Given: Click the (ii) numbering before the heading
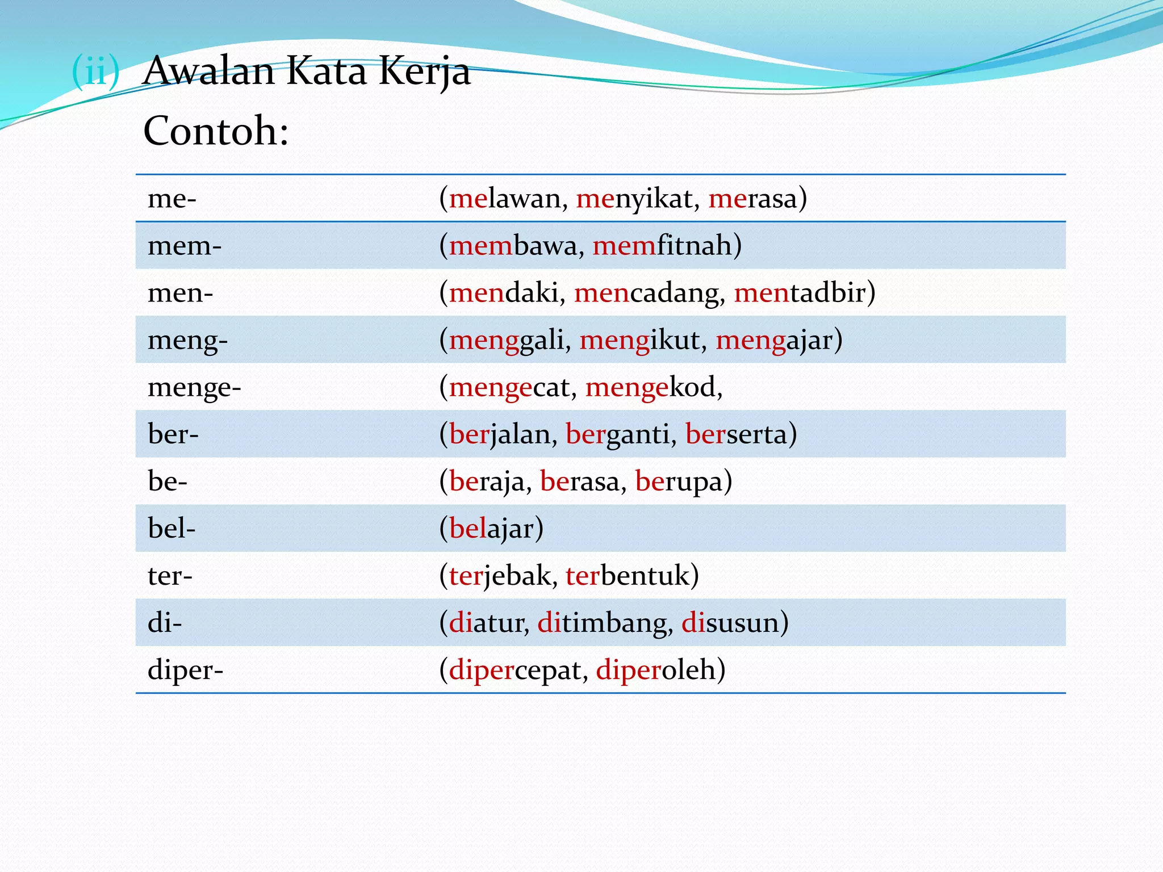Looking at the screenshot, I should tap(96, 72).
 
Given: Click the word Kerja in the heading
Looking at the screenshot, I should tap(425, 72).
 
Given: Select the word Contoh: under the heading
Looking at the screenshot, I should tap(216, 131).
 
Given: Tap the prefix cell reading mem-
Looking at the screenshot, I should tap(185, 246).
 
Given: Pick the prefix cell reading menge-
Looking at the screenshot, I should tap(194, 388).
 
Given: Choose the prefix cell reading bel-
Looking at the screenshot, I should tap(171, 529).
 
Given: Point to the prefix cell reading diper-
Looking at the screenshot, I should tap(185, 670).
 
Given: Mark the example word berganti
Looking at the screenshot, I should tap(618, 435).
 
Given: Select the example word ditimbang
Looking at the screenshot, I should tap(602, 623).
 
